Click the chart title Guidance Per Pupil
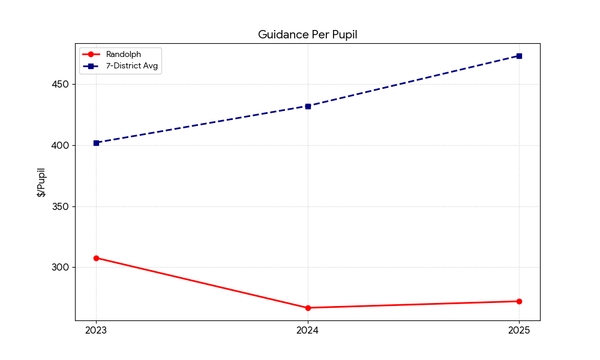click(307, 35)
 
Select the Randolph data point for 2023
click(96, 258)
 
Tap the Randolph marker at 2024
click(308, 308)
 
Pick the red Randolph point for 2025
click(519, 301)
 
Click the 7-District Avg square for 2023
click(96, 143)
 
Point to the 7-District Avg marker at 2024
click(308, 106)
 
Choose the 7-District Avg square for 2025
click(519, 56)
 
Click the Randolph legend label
click(124, 55)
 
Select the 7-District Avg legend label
click(132, 66)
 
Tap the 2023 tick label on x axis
click(96, 330)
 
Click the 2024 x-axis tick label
click(308, 330)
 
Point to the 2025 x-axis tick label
click(519, 330)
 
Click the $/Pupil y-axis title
click(41, 182)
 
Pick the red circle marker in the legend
click(91, 55)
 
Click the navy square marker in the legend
click(91, 66)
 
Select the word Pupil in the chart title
click(343, 35)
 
